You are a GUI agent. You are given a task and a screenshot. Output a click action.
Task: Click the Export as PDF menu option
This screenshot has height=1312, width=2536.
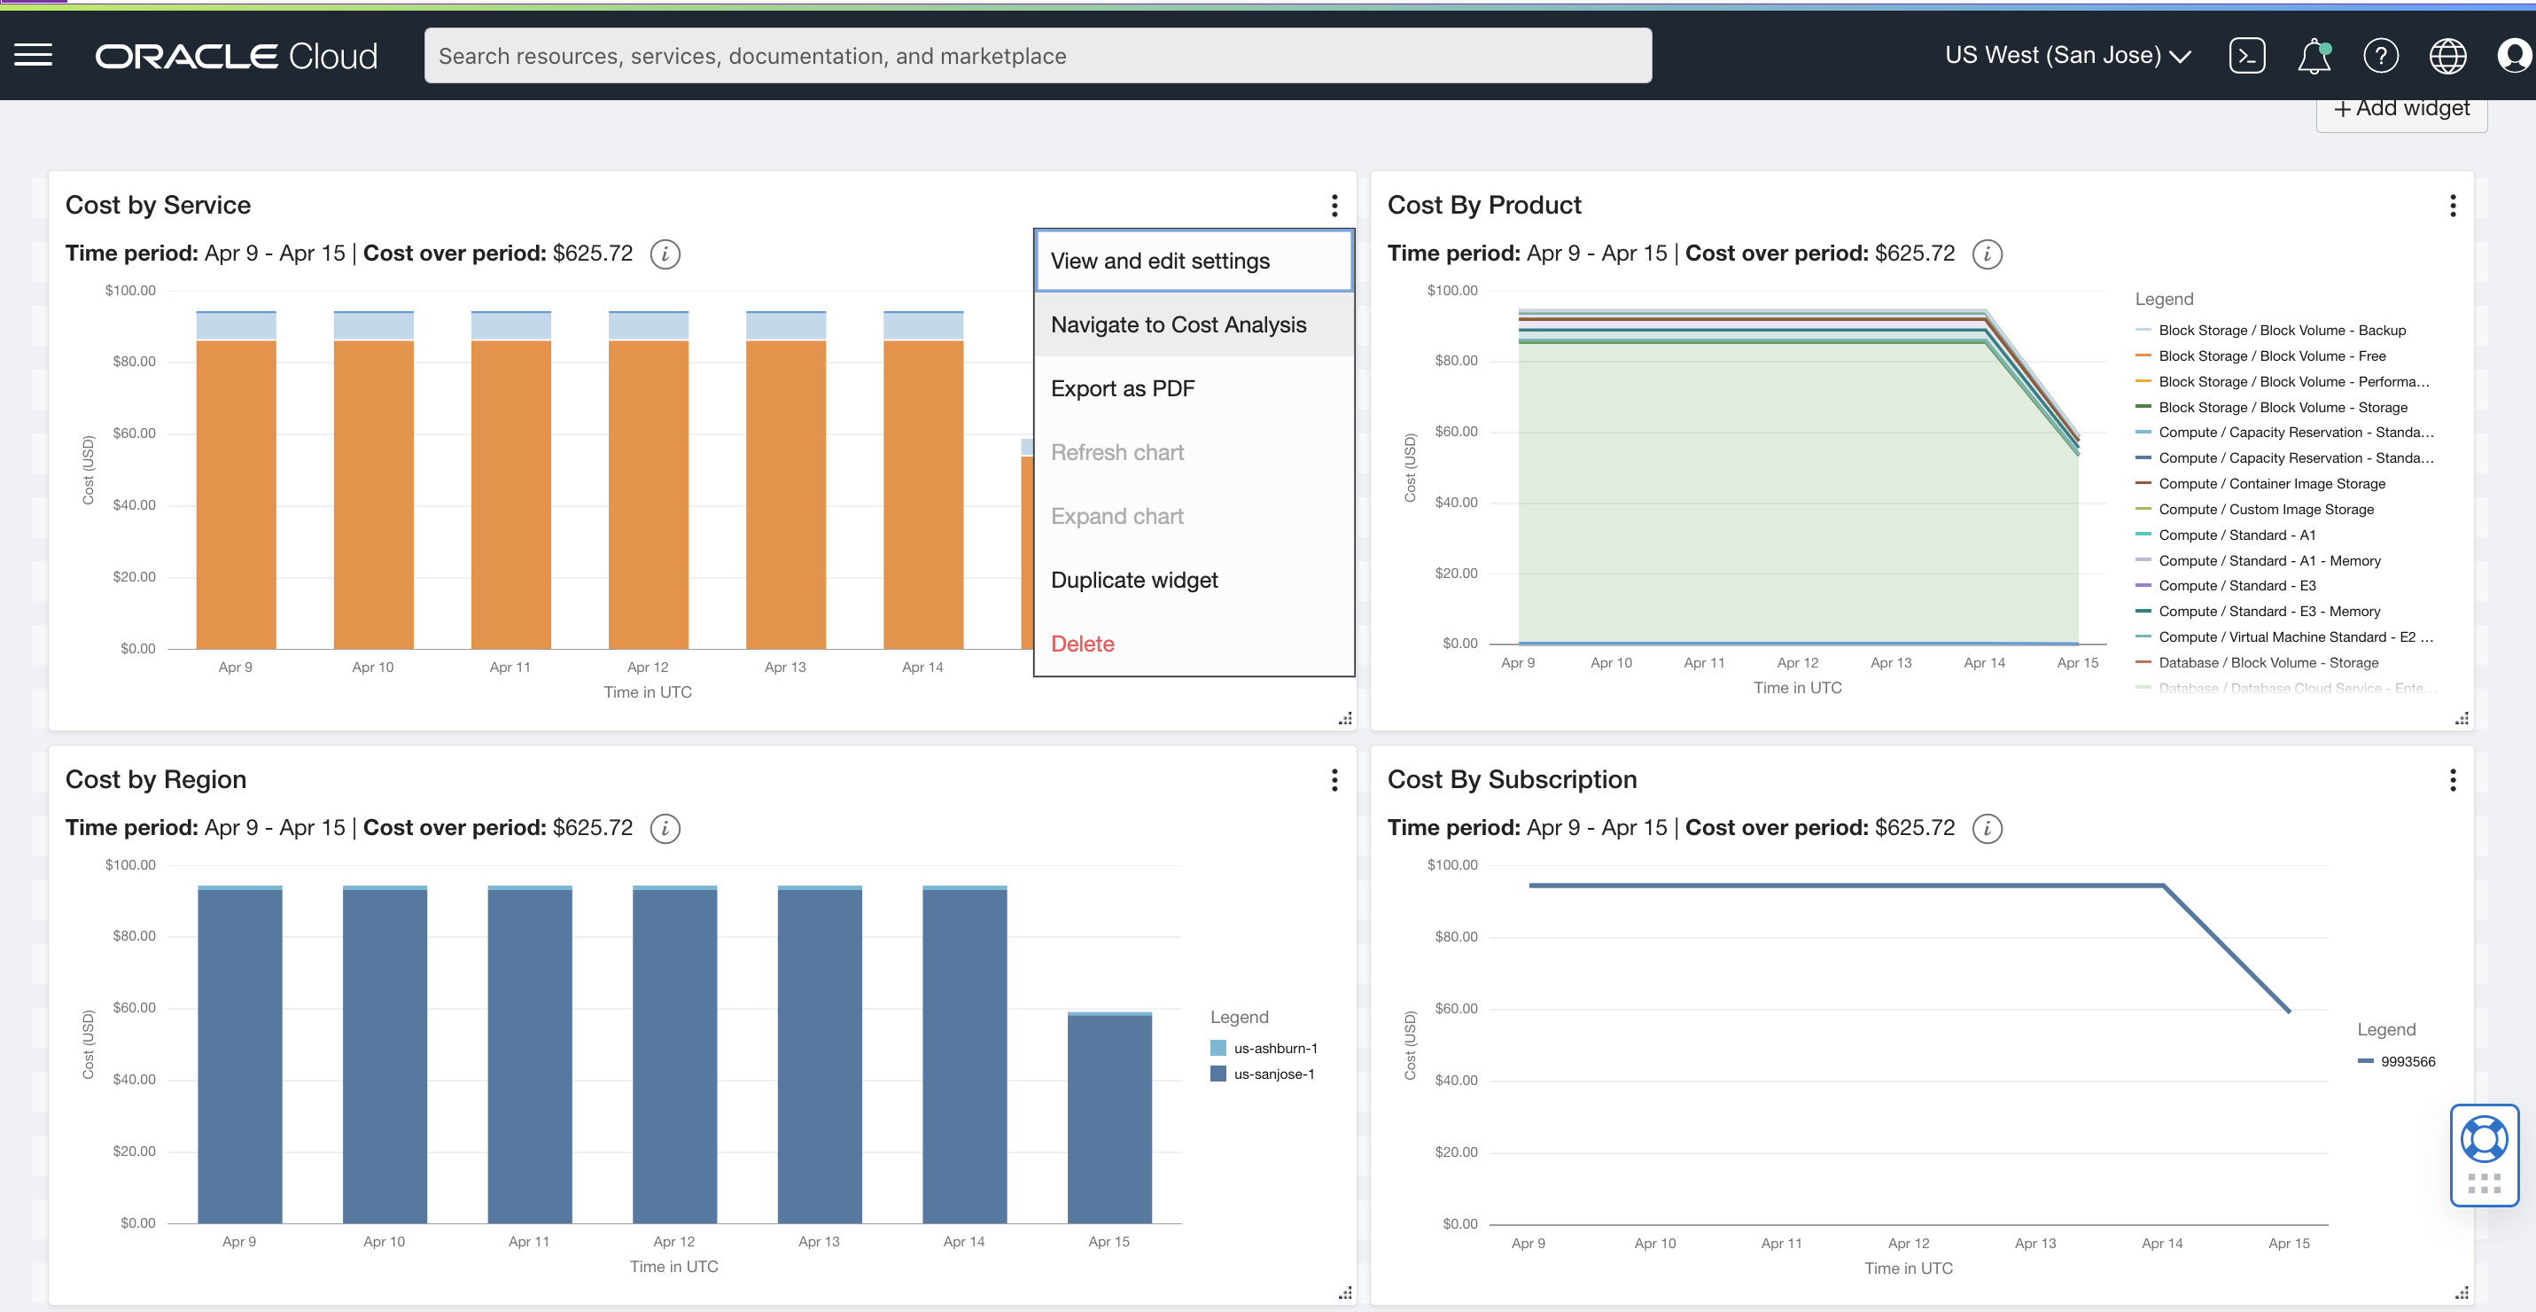click(1123, 388)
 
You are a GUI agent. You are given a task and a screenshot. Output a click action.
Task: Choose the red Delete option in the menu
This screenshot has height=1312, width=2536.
click(1082, 644)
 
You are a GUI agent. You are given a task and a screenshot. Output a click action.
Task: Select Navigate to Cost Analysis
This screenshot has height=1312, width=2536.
click(1178, 324)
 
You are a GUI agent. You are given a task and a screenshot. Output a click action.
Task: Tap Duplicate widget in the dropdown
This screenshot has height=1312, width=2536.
click(1133, 579)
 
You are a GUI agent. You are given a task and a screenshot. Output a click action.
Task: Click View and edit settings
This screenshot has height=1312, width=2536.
click(1160, 261)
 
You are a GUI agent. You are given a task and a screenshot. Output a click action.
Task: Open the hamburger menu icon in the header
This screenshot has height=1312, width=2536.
click(33, 55)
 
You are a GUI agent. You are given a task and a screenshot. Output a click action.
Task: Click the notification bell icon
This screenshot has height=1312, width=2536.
click(2314, 56)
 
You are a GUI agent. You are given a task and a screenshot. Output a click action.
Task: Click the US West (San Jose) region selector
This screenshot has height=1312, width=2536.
click(2066, 55)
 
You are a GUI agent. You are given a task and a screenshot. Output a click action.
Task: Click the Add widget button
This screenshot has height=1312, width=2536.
click(2401, 108)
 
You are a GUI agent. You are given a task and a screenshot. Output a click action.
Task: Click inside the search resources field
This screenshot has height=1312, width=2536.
click(1037, 56)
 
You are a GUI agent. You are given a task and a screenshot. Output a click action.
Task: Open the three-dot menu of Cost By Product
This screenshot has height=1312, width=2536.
click(2453, 205)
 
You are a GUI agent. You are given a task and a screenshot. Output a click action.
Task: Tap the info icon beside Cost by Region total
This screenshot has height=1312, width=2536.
click(665, 828)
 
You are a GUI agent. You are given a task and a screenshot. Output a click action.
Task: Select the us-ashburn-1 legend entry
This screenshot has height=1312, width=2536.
click(1274, 1048)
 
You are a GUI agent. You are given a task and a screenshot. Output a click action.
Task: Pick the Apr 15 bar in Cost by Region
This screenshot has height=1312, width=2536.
click(1109, 1118)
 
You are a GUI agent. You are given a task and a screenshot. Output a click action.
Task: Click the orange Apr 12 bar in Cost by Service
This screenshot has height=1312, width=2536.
click(647, 493)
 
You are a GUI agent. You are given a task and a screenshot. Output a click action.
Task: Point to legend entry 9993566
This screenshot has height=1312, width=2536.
click(2407, 1061)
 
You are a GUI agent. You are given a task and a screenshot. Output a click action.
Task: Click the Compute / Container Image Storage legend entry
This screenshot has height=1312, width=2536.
click(2270, 484)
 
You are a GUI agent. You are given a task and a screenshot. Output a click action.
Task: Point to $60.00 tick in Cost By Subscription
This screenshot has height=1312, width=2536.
click(1455, 1008)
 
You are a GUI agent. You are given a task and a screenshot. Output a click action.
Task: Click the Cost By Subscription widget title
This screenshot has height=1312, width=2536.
click(1511, 779)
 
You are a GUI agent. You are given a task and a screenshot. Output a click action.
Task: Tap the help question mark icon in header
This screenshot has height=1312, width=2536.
click(2380, 56)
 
